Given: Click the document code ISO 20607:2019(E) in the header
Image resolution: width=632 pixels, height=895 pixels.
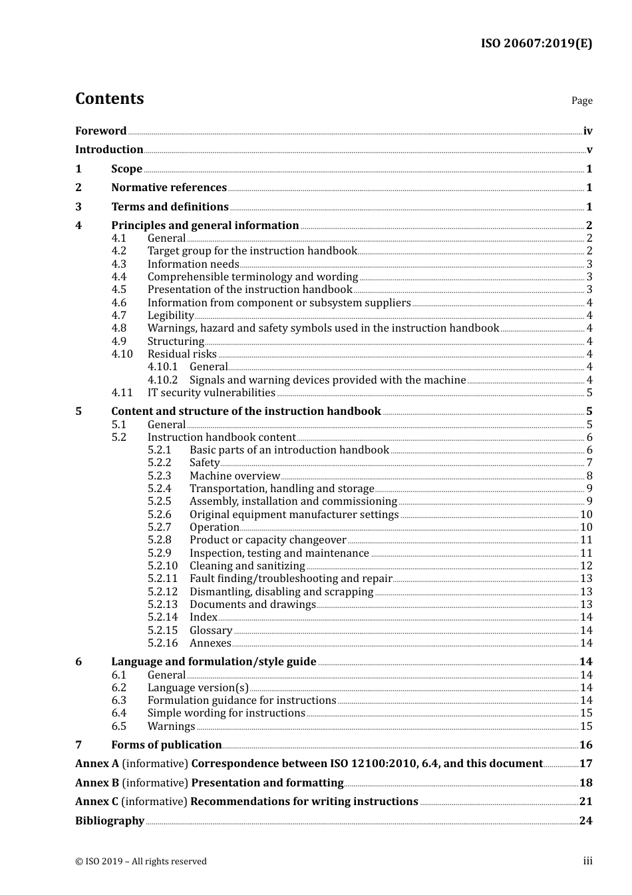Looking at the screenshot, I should point(536,43).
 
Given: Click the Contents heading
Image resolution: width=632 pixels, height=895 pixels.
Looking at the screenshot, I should point(109,99).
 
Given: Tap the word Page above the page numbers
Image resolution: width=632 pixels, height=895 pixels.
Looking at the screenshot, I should point(581,101).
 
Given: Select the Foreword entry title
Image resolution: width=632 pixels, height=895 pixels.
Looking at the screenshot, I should point(100,131).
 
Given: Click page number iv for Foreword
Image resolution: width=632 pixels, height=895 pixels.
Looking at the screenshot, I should point(587,131).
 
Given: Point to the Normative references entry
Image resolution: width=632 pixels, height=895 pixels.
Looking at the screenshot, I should point(169,188).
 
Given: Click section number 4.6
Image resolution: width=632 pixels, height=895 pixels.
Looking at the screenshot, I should point(119,303).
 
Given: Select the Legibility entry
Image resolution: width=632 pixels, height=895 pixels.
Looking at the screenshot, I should point(170,316).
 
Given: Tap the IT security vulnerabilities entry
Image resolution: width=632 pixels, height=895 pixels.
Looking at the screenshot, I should point(211,393).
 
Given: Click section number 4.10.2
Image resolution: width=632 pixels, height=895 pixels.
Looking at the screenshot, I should point(162,380).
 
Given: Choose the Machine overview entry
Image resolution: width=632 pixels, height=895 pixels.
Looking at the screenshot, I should point(235,476).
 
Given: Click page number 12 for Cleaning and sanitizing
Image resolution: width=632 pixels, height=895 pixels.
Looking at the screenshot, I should point(586,566).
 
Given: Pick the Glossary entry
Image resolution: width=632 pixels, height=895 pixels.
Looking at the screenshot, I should point(211,631).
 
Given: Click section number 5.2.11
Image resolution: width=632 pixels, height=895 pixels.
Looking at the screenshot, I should point(162,579).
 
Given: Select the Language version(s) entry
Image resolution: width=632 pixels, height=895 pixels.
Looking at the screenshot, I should point(198,688).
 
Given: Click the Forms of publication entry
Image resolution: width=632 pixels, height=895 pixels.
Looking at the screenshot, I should point(166,745).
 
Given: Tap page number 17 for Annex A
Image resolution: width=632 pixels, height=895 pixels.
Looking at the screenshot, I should point(585,764).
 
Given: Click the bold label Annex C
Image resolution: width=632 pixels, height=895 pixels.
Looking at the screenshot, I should point(96,802).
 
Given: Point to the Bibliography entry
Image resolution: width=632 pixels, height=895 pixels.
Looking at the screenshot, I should point(110,821).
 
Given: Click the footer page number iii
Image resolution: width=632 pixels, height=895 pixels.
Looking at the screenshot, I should point(587,861).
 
